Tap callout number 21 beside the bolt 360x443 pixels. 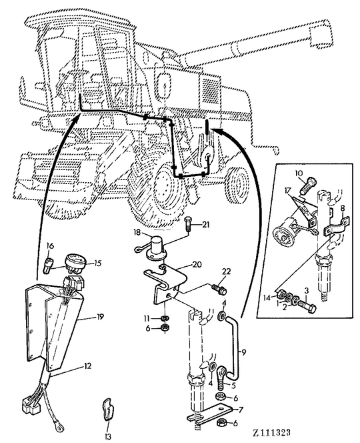tap(205, 224)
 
